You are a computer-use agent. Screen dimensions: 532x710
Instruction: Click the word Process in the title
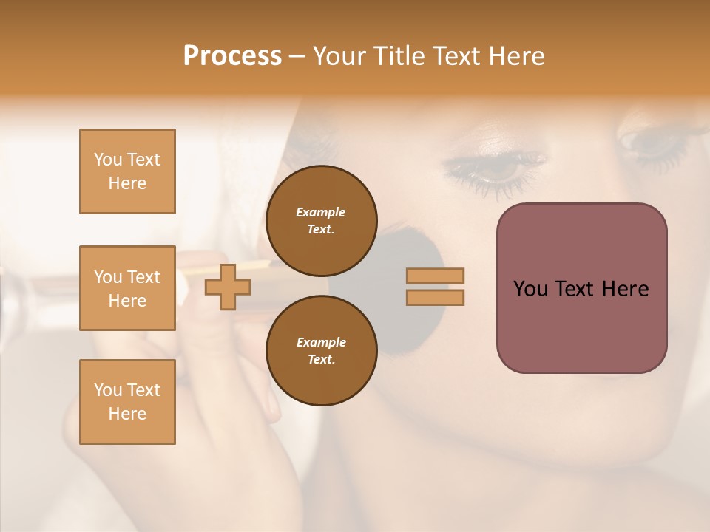point(232,56)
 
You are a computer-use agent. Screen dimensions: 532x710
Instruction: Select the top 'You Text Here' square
point(127,171)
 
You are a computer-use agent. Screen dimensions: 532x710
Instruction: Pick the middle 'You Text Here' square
point(127,288)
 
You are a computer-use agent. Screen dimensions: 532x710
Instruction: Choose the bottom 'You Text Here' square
point(127,402)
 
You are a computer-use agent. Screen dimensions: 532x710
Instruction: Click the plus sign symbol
point(228,287)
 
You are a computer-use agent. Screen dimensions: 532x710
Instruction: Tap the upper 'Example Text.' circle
point(321,221)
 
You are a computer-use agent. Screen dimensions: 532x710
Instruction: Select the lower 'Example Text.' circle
point(321,351)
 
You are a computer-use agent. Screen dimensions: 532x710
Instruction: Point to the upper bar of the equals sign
point(436,276)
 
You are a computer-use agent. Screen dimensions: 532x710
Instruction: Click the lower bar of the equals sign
point(436,298)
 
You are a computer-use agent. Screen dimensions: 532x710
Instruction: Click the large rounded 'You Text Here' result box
point(581,288)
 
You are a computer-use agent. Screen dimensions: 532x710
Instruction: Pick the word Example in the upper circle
point(321,212)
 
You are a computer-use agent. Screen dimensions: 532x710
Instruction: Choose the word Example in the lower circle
point(321,342)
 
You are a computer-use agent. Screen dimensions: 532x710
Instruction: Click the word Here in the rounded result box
point(625,289)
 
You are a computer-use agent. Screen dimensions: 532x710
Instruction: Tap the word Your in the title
point(341,56)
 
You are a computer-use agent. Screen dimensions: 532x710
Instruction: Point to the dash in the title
point(297,57)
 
